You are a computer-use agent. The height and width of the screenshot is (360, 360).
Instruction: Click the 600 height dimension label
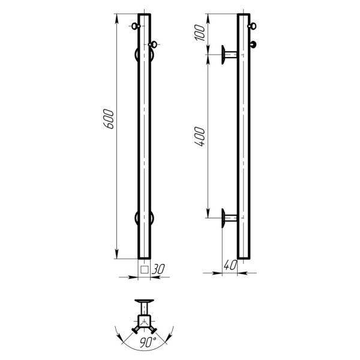(x=109, y=119)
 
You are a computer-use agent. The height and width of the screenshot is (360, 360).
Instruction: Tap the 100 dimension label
(x=200, y=33)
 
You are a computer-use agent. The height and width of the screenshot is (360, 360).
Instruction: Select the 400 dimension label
(x=199, y=137)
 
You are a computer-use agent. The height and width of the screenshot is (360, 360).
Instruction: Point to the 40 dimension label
(x=230, y=265)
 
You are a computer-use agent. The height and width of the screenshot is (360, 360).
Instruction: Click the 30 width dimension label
(x=158, y=269)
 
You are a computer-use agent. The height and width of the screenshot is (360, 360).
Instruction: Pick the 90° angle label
(x=148, y=342)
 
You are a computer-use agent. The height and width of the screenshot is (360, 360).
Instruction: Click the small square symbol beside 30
(x=145, y=269)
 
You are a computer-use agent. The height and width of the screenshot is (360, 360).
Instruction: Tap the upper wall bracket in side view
(x=229, y=55)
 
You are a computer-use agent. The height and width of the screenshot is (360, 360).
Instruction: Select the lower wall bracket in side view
(x=229, y=218)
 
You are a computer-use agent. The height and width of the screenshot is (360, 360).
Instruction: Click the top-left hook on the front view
(x=136, y=26)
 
